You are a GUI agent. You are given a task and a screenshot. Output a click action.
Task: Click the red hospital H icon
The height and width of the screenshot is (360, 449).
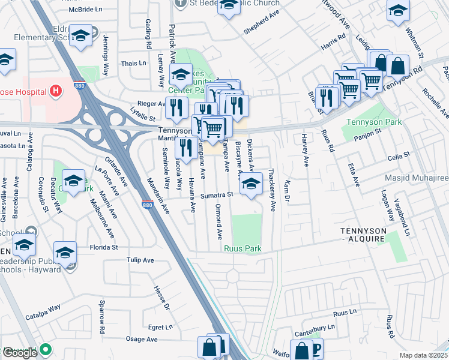point(55,91)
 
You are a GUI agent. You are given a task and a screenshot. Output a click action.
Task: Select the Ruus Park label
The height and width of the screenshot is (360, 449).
point(243,248)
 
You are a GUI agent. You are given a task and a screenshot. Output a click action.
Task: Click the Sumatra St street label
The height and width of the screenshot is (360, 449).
point(217,194)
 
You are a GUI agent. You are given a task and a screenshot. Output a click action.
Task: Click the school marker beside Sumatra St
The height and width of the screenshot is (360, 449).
point(251,184)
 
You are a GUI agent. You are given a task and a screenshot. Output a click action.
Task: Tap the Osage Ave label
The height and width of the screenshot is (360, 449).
point(142,339)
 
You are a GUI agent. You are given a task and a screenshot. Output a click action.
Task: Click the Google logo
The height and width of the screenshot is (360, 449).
point(19,353)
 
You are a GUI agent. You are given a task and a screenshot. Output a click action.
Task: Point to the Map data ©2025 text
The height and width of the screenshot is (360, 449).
point(423,355)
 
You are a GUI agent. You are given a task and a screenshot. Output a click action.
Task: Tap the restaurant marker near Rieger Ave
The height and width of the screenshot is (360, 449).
point(175,107)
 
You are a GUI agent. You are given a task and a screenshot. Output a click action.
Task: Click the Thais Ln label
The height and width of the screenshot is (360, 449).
point(133,63)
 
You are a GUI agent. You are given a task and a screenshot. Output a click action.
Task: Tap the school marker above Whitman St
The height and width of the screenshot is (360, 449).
point(398,11)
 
